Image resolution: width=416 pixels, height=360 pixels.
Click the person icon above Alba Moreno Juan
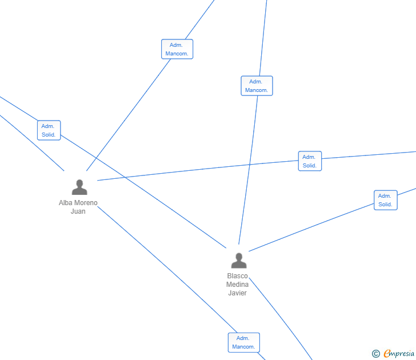click(x=79, y=187)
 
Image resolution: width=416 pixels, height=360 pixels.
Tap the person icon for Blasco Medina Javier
click(x=239, y=261)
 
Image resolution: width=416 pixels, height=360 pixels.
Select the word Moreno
click(x=86, y=203)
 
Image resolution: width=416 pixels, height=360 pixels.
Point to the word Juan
click(x=78, y=211)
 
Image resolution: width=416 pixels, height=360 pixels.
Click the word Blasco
click(x=238, y=276)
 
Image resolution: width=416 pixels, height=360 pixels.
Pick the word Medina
click(x=237, y=285)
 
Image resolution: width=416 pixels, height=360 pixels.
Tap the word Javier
click(x=237, y=293)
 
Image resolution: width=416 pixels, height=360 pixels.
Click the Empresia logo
click(x=399, y=354)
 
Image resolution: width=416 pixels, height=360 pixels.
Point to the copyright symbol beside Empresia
click(x=375, y=354)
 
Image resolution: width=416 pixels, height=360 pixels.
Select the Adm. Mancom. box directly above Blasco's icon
click(x=257, y=86)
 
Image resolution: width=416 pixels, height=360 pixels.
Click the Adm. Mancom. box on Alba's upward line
click(x=177, y=49)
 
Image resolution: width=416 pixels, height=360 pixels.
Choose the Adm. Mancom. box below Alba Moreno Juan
click(x=244, y=342)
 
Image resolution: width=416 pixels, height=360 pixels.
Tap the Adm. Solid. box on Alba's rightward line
click(x=310, y=161)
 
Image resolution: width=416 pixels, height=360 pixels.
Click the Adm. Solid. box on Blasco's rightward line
click(x=386, y=200)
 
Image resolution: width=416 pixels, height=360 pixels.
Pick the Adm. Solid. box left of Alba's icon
click(x=49, y=130)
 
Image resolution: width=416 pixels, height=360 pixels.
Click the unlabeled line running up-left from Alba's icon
click(x=34, y=143)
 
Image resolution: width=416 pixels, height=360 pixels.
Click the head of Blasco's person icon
click(x=239, y=257)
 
